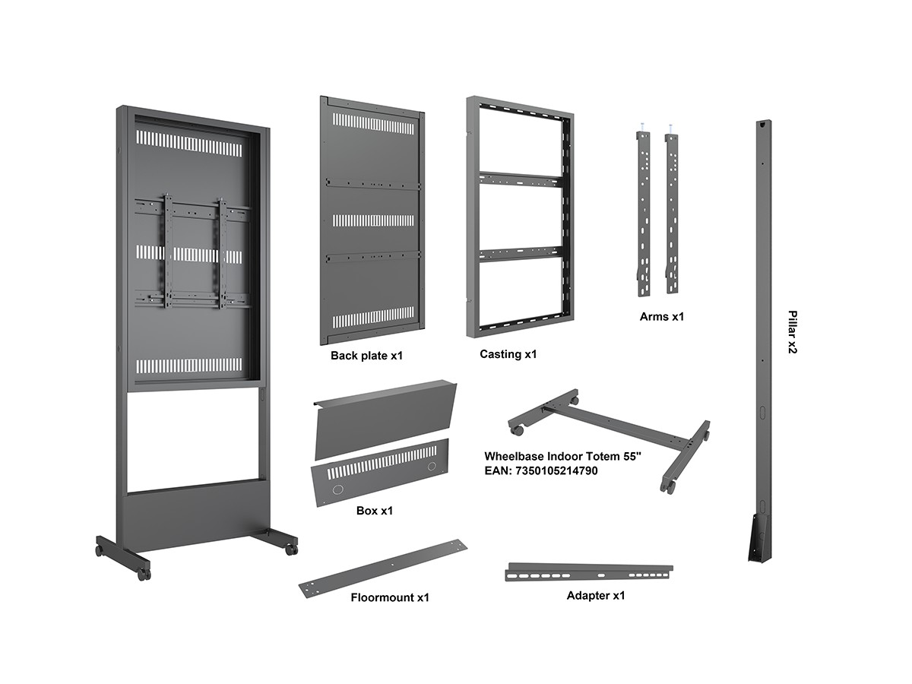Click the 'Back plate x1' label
click(x=366, y=355)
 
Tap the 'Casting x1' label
click(x=508, y=354)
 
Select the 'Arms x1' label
click(x=661, y=316)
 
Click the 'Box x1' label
click(x=374, y=511)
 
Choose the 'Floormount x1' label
click(x=389, y=597)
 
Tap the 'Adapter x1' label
click(x=595, y=595)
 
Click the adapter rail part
click(x=589, y=572)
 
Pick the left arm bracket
click(x=643, y=213)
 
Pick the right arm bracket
click(x=671, y=213)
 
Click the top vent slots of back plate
click(x=373, y=122)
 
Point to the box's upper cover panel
click(x=385, y=418)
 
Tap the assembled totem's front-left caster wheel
click(x=144, y=574)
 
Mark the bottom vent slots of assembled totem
click(x=188, y=366)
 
